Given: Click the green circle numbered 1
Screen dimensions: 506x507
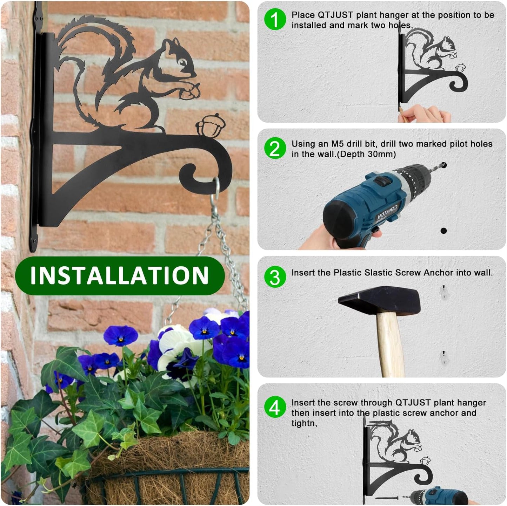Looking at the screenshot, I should point(275,19).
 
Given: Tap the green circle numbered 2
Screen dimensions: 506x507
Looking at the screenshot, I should point(275,148).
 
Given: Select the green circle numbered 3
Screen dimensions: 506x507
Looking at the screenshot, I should point(275,277).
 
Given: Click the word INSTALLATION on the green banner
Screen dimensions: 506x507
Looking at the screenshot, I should point(120,275).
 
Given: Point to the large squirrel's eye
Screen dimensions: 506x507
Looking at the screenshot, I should point(183,63).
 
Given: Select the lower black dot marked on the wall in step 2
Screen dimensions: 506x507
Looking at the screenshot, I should point(443,231).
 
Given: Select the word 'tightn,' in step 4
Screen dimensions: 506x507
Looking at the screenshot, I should point(304,423).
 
